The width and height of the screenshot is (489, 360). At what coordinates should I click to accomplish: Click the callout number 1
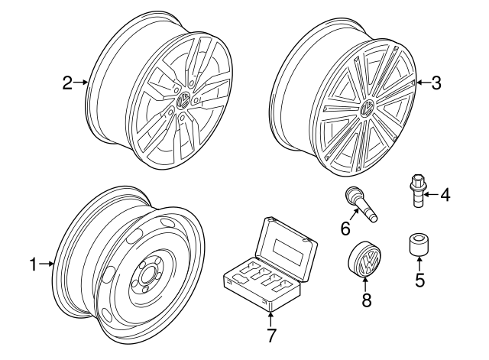tap(34, 264)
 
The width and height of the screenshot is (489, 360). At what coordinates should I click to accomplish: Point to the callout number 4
tap(445, 195)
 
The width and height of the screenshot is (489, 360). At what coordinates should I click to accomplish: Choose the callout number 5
tap(419, 280)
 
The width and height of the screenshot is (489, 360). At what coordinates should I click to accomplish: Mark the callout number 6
tap(345, 228)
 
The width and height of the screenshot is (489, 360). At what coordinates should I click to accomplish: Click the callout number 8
tap(367, 300)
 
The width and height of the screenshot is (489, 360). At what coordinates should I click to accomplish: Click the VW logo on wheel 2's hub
tap(184, 101)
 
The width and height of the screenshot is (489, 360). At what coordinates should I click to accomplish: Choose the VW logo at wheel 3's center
tap(367, 107)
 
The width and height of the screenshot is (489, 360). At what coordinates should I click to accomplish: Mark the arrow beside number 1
tap(47, 264)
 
